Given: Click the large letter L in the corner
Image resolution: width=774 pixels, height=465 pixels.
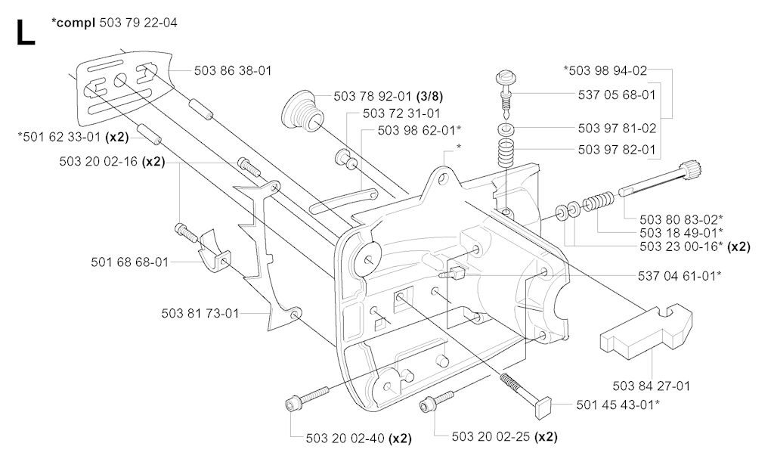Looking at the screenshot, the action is coord(26,33).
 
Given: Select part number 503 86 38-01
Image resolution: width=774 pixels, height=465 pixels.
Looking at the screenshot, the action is coord(233,70).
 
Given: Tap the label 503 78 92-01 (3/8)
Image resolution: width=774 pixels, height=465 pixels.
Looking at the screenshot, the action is coord(388,96).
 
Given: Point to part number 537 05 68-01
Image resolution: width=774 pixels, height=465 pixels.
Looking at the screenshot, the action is coord(617,95).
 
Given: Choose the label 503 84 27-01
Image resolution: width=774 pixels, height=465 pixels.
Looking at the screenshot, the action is coord(651,386).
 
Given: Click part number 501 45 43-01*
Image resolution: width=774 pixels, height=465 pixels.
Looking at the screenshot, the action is coord(618,405).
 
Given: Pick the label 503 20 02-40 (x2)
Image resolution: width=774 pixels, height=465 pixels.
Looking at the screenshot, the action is coord(358,438).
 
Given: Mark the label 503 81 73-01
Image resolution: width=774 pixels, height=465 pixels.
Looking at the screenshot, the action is coord(200,313).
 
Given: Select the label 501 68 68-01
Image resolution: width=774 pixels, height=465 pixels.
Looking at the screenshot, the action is coord(130,262).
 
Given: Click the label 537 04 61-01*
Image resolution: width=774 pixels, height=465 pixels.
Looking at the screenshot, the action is coord(680,275).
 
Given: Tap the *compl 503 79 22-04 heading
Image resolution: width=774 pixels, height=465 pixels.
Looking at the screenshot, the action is coord(114,23).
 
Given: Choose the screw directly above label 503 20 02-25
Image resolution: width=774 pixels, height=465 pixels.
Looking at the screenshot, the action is coord(436,401).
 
